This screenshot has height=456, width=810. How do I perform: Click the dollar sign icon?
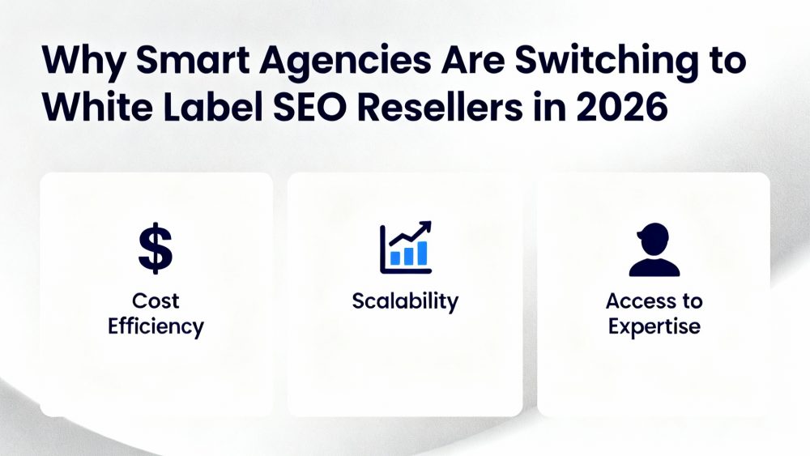156,249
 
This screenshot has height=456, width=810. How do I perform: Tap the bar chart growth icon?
405,247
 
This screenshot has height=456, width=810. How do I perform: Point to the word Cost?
156,301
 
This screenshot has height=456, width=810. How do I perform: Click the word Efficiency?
156,326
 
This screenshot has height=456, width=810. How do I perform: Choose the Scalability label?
405,301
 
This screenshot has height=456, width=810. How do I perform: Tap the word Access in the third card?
636,301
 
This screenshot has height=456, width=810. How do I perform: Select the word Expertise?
654,326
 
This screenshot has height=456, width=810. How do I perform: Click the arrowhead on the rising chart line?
426,228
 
